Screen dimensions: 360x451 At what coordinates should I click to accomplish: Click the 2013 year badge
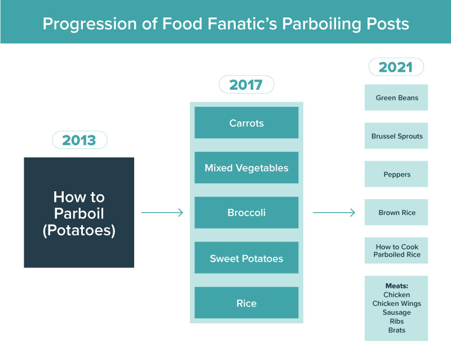pos(79,140)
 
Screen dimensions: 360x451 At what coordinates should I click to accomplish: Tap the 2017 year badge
pos(246,85)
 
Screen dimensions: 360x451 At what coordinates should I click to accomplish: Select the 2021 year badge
pos(396,67)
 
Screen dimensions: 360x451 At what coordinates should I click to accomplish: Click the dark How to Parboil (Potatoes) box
pos(79,213)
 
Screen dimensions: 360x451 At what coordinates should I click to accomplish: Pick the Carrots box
pos(246,123)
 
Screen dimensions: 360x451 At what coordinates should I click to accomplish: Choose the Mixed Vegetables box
pos(246,168)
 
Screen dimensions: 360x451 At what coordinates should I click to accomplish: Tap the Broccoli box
pos(246,213)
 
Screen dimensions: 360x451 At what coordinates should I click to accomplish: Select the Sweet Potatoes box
pos(246,258)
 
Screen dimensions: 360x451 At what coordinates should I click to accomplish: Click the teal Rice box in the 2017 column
pos(246,303)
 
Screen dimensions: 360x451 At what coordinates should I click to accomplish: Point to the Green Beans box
pos(396,98)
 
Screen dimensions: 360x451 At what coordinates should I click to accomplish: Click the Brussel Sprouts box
pos(396,136)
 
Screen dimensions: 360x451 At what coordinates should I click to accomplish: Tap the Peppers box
pos(396,174)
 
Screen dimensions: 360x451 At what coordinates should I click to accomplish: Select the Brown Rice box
pos(396,213)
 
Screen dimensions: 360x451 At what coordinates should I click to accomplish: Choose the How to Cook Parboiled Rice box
pos(396,251)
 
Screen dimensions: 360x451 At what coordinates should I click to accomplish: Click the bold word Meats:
pos(396,286)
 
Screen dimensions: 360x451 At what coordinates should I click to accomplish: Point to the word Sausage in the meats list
pos(396,313)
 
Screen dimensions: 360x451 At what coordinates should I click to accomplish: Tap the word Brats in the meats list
pos(396,330)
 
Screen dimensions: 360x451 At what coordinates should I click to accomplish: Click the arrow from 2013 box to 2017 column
pos(162,213)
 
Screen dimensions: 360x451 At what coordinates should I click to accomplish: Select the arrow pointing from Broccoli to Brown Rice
pos(334,213)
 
